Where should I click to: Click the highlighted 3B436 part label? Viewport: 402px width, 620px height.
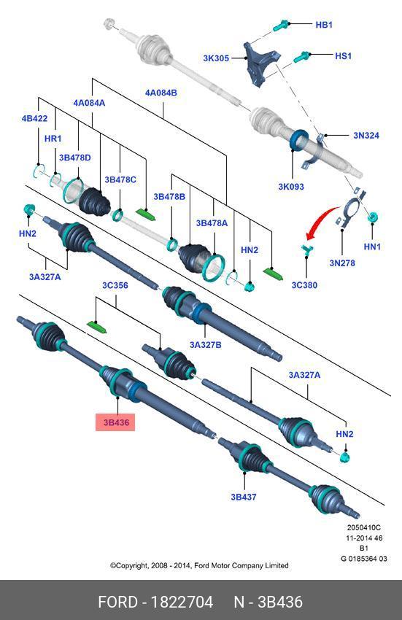[115, 422]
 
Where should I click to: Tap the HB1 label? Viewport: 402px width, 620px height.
[324, 25]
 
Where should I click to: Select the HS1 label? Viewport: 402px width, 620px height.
[343, 55]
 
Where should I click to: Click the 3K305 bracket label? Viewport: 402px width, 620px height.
[216, 58]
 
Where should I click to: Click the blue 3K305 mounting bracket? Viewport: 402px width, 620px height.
[259, 63]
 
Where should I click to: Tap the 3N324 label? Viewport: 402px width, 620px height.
[366, 135]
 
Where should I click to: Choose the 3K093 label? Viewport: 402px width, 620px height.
[291, 186]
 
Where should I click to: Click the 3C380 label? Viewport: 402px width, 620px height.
[304, 284]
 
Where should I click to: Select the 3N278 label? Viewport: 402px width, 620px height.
[342, 263]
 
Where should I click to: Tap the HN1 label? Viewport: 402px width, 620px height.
[372, 247]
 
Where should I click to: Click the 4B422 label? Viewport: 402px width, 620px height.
[34, 118]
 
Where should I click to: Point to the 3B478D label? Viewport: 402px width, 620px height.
[74, 158]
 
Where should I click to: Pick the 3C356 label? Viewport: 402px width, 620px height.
[115, 285]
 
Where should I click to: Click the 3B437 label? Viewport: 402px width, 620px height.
[244, 497]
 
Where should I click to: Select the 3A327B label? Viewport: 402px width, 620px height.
[205, 345]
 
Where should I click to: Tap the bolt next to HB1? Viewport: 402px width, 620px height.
[282, 26]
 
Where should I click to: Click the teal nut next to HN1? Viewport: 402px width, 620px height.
[372, 217]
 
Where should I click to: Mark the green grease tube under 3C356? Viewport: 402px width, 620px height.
[97, 327]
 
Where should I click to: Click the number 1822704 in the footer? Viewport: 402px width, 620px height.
[182, 602]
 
